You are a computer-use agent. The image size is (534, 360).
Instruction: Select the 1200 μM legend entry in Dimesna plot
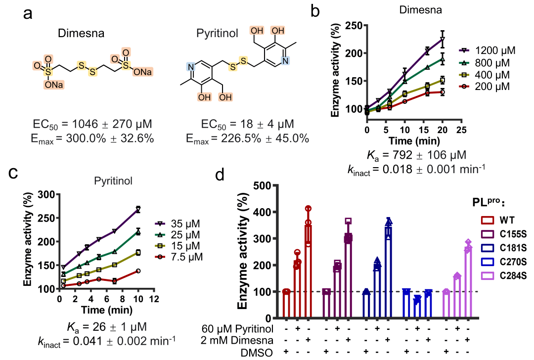coord(495,51)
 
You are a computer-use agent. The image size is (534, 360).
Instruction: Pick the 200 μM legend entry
coord(495,87)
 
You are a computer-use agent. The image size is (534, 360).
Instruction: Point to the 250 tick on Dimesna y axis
coord(355,25)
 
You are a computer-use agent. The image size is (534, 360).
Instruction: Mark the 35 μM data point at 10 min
coord(138,209)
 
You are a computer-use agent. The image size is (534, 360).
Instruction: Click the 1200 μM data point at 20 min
coord(443,39)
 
